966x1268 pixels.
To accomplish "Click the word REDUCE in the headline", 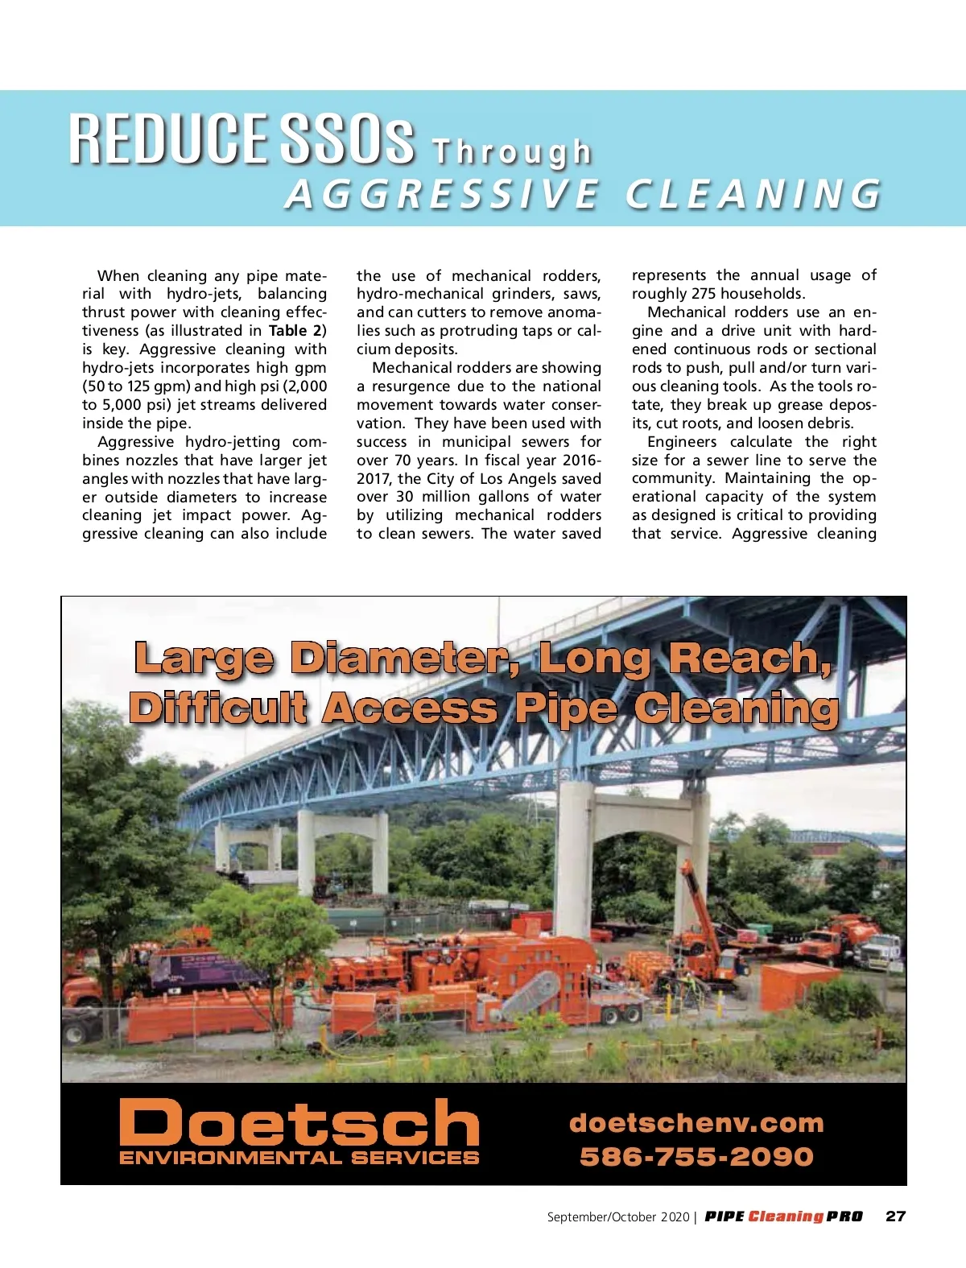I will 167,138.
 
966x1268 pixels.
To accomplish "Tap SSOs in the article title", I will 347,138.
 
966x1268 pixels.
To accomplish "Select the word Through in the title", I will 512,152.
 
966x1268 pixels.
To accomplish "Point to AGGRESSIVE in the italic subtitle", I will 442,194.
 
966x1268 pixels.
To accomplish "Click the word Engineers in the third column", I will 681,442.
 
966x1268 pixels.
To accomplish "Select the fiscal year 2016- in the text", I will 572,461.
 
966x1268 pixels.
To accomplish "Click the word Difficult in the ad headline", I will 218,708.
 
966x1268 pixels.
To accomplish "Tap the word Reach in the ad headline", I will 749,658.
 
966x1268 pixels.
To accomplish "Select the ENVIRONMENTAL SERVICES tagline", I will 299,1158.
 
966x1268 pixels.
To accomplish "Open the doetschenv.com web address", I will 696,1122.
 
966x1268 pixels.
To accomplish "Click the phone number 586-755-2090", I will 696,1157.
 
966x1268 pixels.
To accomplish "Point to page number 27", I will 895,1216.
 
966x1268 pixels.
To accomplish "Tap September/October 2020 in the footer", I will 617,1217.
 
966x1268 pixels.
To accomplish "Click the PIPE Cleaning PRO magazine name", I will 783,1216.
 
